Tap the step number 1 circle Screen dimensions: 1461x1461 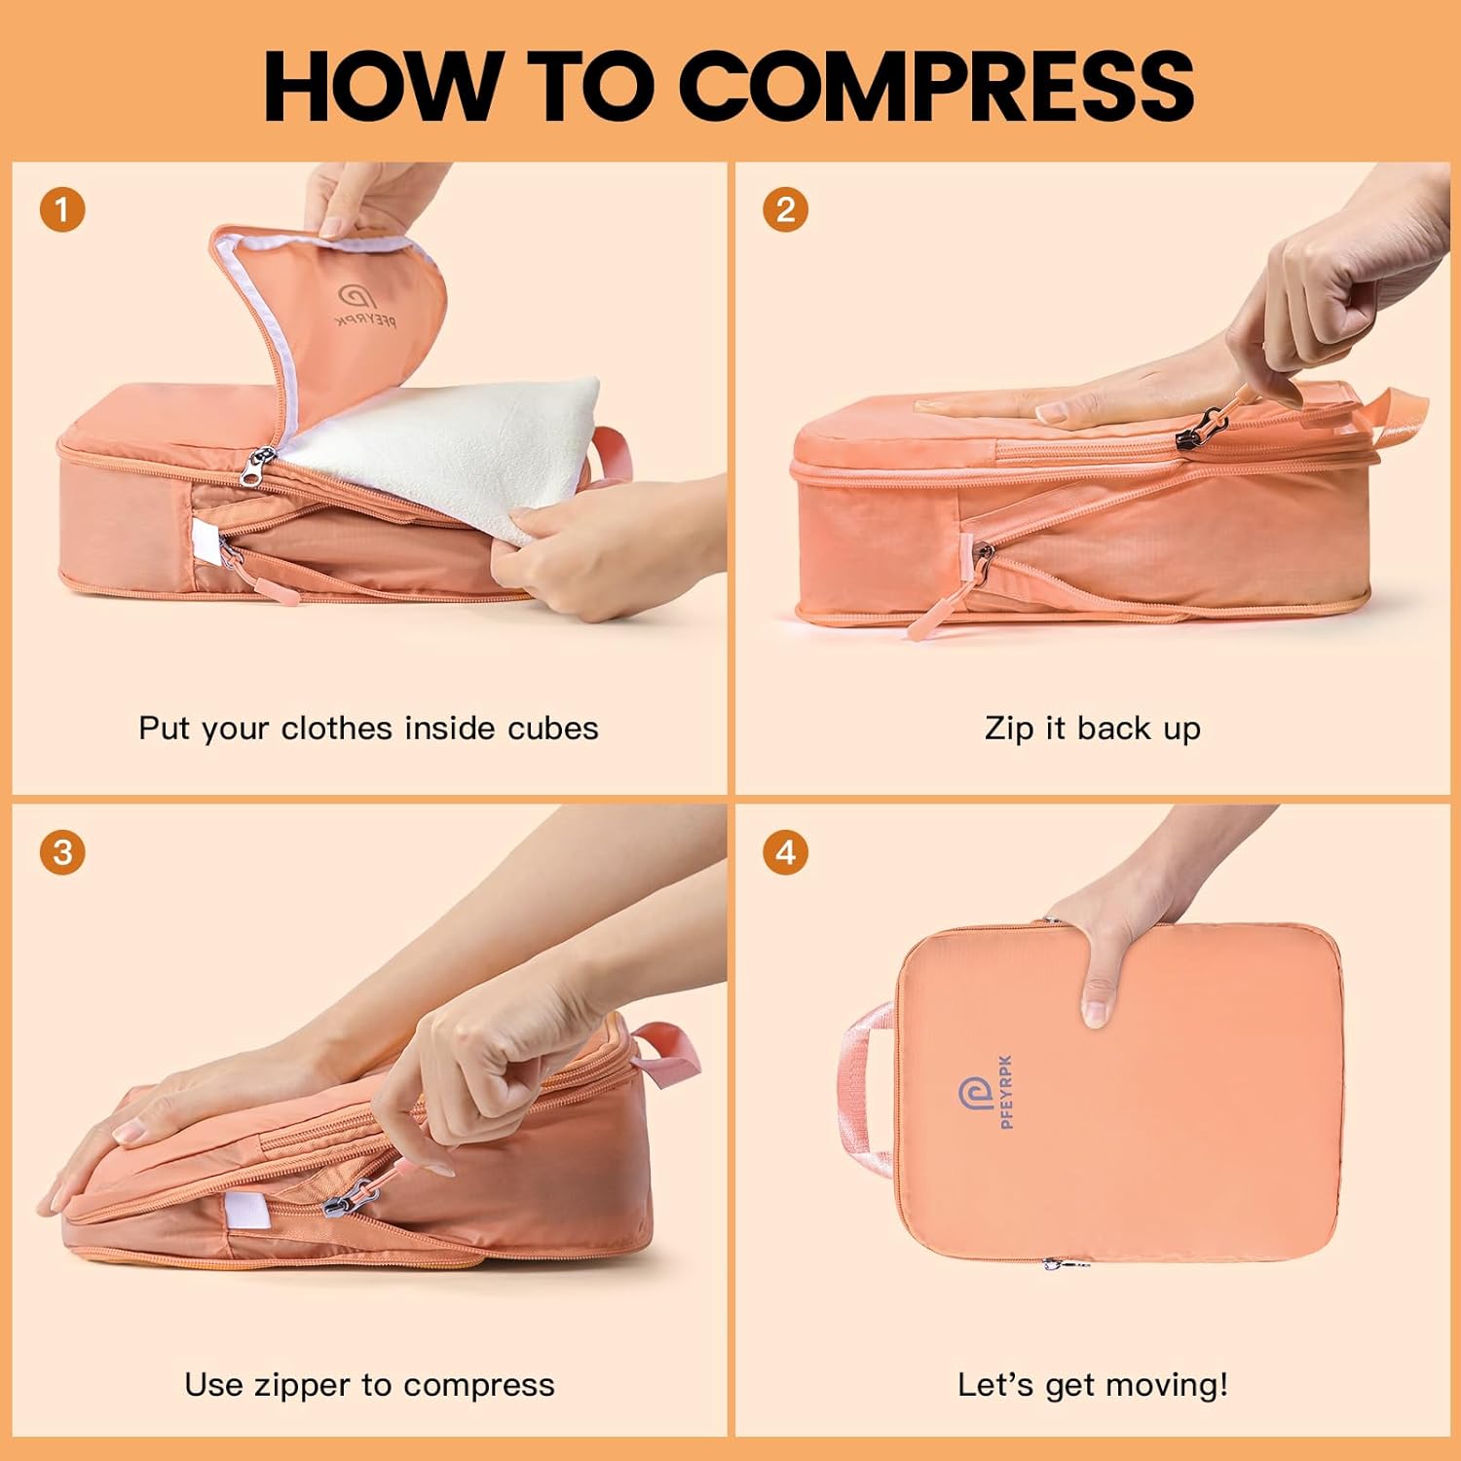coord(62,210)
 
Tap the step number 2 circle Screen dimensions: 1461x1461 coord(785,210)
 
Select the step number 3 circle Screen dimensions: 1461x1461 coord(62,853)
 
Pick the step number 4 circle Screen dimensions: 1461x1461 coord(785,853)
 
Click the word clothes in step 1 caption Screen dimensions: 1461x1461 coord(337,729)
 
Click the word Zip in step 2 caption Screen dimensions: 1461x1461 coord(1009,729)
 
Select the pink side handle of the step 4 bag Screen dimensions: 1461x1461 coord(865,1091)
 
